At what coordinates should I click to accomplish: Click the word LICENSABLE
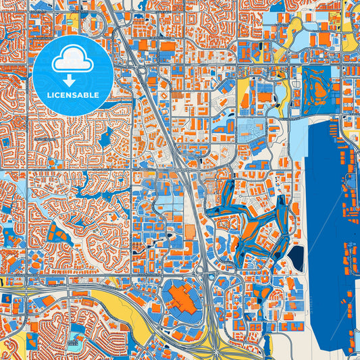coord(72,95)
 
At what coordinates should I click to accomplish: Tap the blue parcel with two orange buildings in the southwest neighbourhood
coord(58,237)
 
